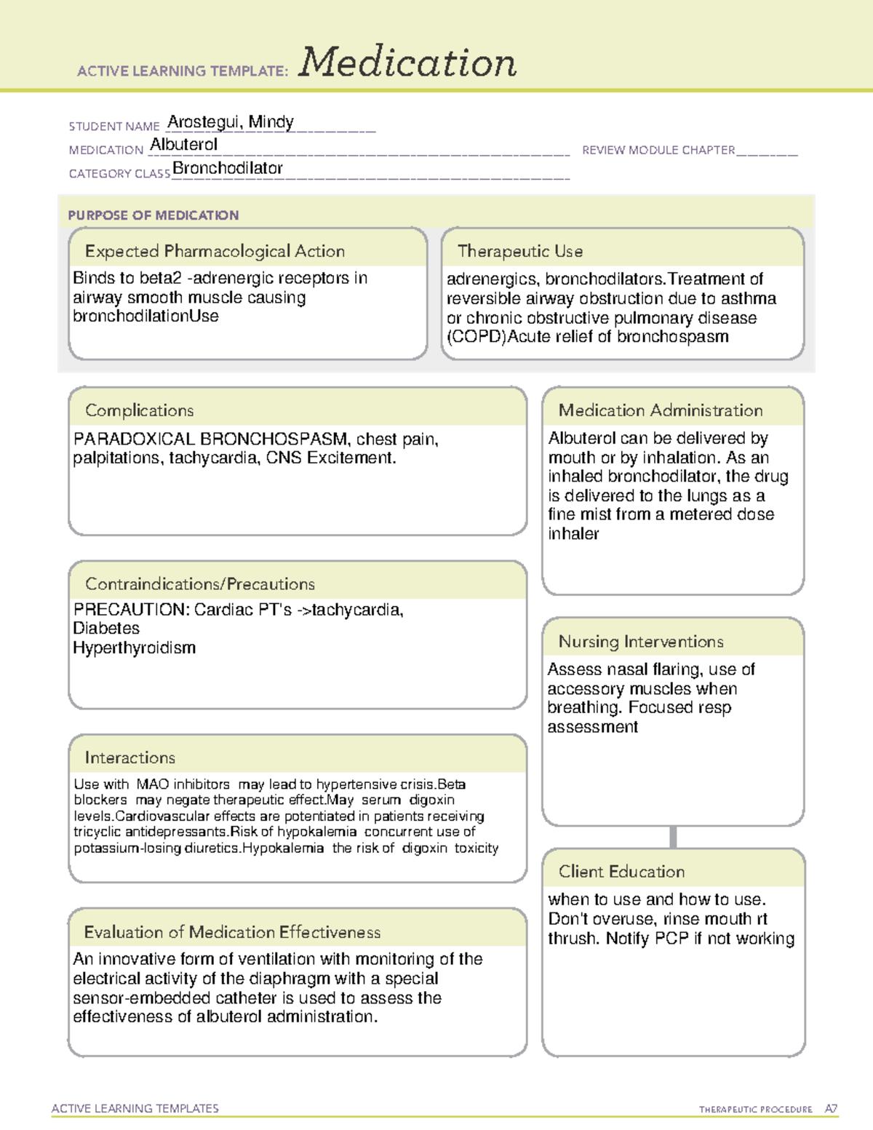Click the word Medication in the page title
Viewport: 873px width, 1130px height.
coord(407,63)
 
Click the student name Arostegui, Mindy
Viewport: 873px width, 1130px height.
coord(231,122)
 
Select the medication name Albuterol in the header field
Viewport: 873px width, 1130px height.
coord(183,145)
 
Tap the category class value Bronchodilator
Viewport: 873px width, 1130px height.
coord(228,168)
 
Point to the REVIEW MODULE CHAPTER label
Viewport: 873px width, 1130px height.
coord(658,150)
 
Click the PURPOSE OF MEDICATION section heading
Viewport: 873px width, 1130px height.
coord(154,215)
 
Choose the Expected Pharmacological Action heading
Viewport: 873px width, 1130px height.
coord(215,251)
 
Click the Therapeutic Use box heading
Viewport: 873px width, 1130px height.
coord(520,251)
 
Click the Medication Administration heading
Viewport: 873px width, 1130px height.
coord(661,410)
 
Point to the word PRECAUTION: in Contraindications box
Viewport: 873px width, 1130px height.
coord(131,610)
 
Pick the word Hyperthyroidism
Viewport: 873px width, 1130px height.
coord(135,648)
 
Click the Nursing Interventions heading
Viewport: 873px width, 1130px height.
coord(641,642)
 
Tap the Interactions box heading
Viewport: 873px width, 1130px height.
coord(129,758)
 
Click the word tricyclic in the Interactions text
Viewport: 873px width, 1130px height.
coord(97,832)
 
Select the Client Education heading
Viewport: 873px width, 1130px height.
coord(621,872)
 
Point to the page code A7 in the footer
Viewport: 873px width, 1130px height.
coord(831,1109)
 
